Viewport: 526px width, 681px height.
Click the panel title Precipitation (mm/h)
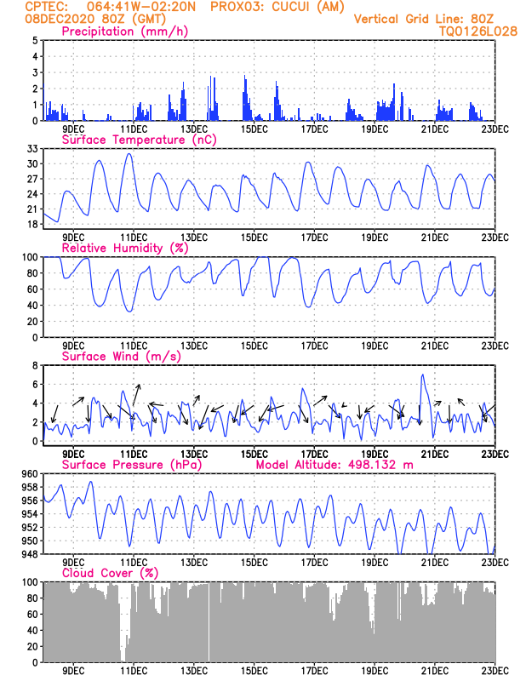pos(124,31)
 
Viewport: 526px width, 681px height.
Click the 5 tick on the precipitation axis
pos(34,41)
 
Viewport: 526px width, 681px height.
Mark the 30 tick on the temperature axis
pos(31,163)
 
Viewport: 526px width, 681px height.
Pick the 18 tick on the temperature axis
pos(31,225)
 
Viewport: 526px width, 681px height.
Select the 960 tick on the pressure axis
pos(29,474)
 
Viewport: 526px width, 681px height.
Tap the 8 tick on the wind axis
pos(34,365)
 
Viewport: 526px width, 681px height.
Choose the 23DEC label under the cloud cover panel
pos(495,671)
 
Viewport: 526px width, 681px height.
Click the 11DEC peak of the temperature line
pos(129,154)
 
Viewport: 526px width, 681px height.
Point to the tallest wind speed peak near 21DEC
pos(422,375)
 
